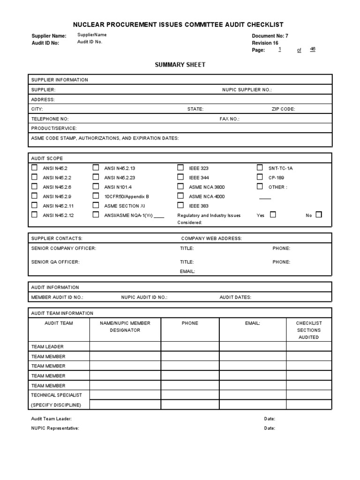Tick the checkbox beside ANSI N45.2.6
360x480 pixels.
pyautogui.click(x=34, y=187)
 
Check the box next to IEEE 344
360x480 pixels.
pyautogui.click(x=180, y=177)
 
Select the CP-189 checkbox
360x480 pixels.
pyautogui.click(x=260, y=177)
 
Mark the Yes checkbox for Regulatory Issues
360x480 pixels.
pyautogui.click(x=273, y=215)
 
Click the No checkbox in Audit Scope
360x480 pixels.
pyautogui.click(x=319, y=215)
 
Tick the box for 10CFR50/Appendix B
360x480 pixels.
pyautogui.click(x=96, y=196)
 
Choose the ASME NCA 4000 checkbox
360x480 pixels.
pyautogui.click(x=180, y=196)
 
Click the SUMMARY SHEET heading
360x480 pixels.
pyautogui.click(x=180, y=65)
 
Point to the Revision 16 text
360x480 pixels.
pyautogui.click(x=265, y=43)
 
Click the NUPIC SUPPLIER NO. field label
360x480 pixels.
pyautogui.click(x=247, y=90)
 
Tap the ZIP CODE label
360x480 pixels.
pyautogui.click(x=283, y=109)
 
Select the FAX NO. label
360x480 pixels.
pyautogui.click(x=229, y=119)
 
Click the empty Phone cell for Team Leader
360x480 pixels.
pyautogui.click(x=190, y=346)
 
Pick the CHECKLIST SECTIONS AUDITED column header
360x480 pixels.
pyautogui.click(x=309, y=330)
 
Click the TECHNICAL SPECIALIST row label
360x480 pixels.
pyautogui.click(x=56, y=395)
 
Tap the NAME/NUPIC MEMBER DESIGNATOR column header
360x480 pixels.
pyautogui.click(x=125, y=327)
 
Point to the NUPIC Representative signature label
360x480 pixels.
pyautogui.click(x=55, y=428)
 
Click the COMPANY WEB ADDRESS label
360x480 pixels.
pyautogui.click(x=211, y=239)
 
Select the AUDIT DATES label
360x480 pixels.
pyautogui.click(x=235, y=297)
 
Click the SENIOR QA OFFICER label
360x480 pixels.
pyautogui.click(x=55, y=262)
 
